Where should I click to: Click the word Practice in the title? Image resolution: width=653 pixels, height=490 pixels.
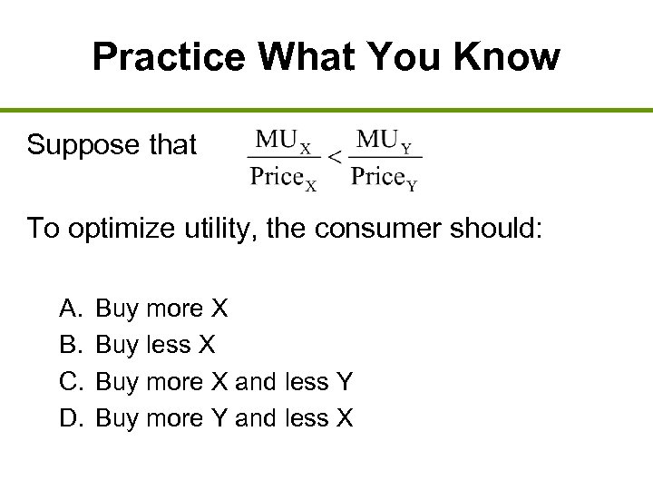click(169, 57)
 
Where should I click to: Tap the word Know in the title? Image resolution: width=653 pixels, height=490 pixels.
click(510, 57)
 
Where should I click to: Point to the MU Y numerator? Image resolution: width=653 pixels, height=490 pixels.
click(385, 141)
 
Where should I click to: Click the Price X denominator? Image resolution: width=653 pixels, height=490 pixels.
click(284, 177)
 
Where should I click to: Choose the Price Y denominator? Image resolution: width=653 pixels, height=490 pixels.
click(385, 177)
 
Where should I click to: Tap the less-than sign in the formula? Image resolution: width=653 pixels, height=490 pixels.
click(334, 158)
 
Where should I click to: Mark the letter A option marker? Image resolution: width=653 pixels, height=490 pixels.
click(70, 309)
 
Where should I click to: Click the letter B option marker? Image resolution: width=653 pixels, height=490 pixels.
click(70, 345)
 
